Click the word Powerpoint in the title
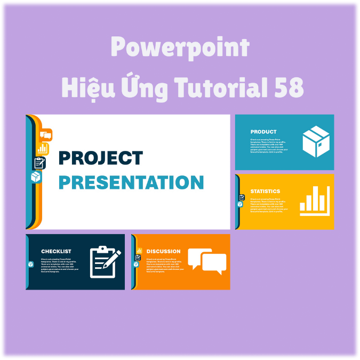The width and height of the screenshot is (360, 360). point(180,48)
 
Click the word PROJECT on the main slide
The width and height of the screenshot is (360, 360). point(100,158)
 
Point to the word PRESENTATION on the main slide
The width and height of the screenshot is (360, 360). point(131,182)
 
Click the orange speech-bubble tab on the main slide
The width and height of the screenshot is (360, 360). point(46,135)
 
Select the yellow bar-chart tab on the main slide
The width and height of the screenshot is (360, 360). point(43,149)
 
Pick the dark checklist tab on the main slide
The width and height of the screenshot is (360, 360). point(39,163)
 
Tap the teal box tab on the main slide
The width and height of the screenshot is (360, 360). point(36,177)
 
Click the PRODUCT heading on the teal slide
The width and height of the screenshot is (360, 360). point(263,132)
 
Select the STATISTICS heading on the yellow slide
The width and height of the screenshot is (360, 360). point(265,191)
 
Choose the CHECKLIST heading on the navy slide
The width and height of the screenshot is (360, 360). point(56,251)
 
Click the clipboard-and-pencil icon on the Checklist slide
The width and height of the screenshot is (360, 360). point(105,262)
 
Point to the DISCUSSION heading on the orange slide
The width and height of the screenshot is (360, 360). point(163,251)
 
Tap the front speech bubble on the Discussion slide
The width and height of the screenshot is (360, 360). point(214,263)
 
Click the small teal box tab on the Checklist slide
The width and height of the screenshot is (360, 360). point(30,265)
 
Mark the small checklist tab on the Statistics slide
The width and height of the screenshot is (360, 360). point(242,197)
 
